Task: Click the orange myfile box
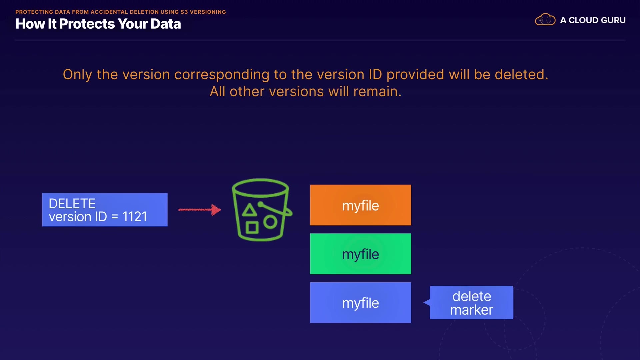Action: click(x=360, y=205)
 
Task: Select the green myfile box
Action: click(x=360, y=254)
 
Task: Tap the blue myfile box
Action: click(x=360, y=302)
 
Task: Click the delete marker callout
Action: click(x=471, y=303)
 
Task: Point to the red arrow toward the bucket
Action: click(x=199, y=210)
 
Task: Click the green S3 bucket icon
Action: click(x=261, y=210)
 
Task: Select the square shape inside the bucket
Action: click(x=252, y=228)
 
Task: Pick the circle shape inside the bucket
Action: click(x=270, y=222)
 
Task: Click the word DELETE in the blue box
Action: click(x=72, y=203)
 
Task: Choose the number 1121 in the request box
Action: click(x=135, y=217)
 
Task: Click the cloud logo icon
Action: click(x=545, y=20)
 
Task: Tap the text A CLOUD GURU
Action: click(x=593, y=20)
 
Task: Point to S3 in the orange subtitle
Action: click(x=184, y=12)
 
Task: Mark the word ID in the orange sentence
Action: click(x=375, y=74)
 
